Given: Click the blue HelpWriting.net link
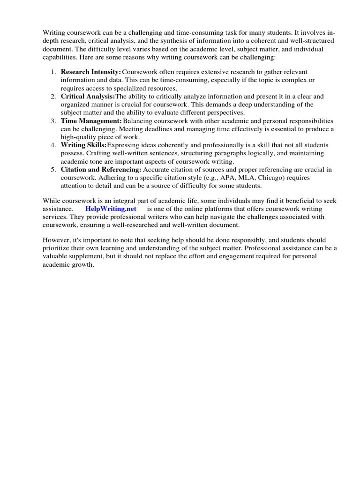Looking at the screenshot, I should pyautogui.click(x=110, y=209).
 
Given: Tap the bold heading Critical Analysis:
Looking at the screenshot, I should pyautogui.click(x=88, y=96).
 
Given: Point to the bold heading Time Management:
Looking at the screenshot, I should pyautogui.click(x=91, y=120).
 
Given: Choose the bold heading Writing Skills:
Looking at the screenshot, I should pyautogui.click(x=84, y=145).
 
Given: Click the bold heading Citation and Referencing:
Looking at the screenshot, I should pyautogui.click(x=101, y=169).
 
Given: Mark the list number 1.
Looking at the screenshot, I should pyautogui.click(x=53, y=72).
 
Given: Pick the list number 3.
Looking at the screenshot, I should pyautogui.click(x=53, y=120).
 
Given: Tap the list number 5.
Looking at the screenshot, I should pyautogui.click(x=53, y=169).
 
